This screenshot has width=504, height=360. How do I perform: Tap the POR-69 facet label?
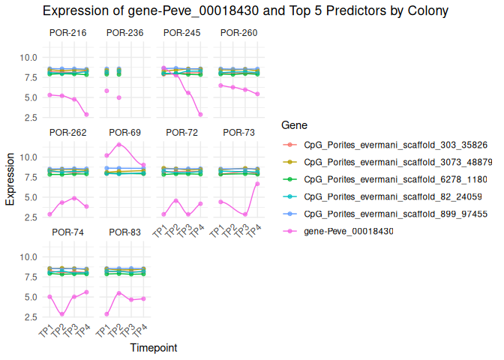(x=124, y=132)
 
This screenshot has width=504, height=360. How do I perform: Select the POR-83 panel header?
(x=124, y=232)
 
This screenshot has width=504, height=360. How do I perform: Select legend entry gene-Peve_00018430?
(x=348, y=230)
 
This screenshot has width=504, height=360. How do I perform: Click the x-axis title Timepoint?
(x=153, y=348)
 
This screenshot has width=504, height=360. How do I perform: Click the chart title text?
(x=245, y=11)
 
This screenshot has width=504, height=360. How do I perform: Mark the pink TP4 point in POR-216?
(x=86, y=115)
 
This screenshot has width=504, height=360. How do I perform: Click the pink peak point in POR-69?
(x=118, y=144)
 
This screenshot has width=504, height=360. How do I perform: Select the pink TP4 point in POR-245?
(x=200, y=115)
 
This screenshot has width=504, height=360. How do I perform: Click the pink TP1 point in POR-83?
(x=106, y=314)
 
